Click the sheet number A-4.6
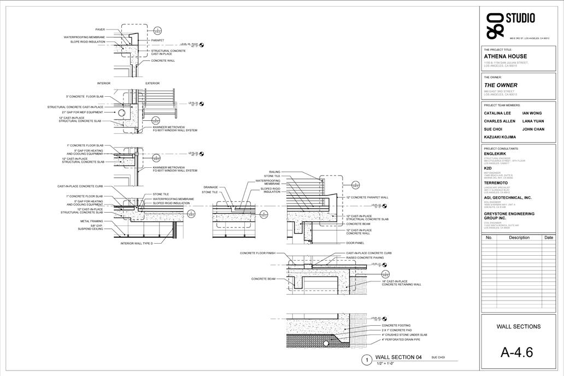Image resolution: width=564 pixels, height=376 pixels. click(516, 352)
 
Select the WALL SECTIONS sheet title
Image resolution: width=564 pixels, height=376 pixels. click(518, 327)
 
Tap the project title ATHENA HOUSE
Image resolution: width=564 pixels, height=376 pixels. click(506, 56)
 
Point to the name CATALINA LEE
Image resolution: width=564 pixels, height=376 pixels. click(497, 113)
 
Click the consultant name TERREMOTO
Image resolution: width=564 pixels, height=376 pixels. click(503, 183)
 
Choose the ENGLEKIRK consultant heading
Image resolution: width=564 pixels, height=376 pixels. click(501, 154)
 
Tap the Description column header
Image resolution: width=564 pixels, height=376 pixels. click(519, 238)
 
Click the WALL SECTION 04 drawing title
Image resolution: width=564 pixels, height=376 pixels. click(398, 357)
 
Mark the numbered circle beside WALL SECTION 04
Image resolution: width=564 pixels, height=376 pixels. click(366, 360)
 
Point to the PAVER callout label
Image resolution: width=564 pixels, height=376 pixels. click(100, 30)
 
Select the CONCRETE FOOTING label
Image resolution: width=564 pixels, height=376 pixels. click(396, 326)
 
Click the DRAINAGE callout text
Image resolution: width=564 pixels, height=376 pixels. click(211, 187)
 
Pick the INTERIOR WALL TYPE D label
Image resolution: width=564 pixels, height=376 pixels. click(137, 243)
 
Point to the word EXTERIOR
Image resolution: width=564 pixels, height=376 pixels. click(152, 84)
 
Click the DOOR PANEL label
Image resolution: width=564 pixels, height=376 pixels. click(355, 243)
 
